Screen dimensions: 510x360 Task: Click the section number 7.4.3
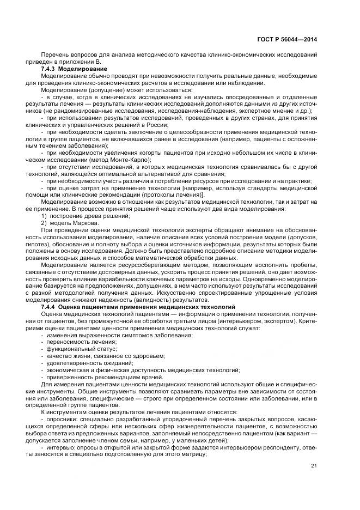point(49,69)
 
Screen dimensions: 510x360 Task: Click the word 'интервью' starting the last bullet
point(61,448)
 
